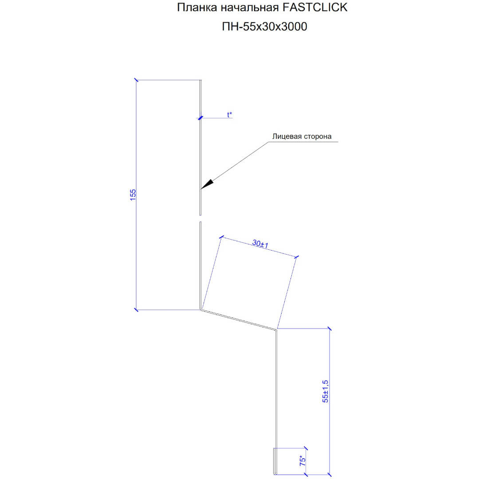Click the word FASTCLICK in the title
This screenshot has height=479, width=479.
(x=315, y=8)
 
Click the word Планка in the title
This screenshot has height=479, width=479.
(x=196, y=8)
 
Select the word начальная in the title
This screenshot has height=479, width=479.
(x=249, y=8)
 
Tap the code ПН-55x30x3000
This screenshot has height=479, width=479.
(x=264, y=27)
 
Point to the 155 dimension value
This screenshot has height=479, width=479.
(x=133, y=195)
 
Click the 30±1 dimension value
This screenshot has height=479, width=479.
(x=260, y=244)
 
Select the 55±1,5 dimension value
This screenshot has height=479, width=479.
(x=326, y=391)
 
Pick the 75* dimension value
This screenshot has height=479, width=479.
(x=302, y=461)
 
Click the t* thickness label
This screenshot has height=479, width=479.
(x=229, y=114)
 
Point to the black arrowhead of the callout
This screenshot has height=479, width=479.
(x=208, y=184)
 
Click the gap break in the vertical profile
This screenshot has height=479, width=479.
(x=200, y=218)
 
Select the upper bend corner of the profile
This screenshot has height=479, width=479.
(x=201, y=310)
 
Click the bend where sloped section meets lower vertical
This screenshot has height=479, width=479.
(x=276, y=329)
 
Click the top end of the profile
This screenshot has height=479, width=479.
(x=201, y=80)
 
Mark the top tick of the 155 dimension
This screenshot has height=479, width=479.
(x=136, y=80)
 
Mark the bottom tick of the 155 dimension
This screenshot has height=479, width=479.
(x=136, y=310)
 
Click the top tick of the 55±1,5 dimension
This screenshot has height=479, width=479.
(x=329, y=329)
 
